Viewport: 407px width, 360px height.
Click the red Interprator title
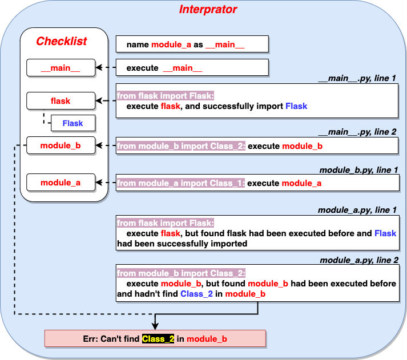[x=208, y=10]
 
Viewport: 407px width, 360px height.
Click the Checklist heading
[x=62, y=41]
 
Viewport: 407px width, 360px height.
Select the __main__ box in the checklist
[x=61, y=68]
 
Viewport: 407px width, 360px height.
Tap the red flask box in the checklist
[x=61, y=100]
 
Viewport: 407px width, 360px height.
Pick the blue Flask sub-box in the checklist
[x=73, y=123]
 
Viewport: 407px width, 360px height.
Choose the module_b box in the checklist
[x=61, y=145]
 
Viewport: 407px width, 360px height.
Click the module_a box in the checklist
[x=61, y=183]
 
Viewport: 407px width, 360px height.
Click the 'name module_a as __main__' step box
[x=192, y=44]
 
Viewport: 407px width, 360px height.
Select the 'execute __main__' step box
[x=192, y=67]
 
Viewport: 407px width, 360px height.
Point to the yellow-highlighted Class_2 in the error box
[x=158, y=339]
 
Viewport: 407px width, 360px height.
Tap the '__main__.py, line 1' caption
[x=357, y=78]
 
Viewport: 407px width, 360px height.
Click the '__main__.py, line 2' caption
[x=357, y=132]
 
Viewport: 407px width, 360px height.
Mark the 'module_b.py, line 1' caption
[x=358, y=170]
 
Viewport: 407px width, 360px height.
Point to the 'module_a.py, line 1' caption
[x=357, y=210]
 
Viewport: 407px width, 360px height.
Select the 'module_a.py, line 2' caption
[x=359, y=260]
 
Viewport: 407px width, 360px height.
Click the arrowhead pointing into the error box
[x=155, y=326]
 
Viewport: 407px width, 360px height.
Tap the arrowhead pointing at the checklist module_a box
[x=99, y=183]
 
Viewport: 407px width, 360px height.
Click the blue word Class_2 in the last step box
[x=196, y=294]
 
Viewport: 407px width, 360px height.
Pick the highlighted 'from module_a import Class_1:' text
[x=181, y=183]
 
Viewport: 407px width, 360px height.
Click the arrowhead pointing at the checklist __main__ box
[x=99, y=67]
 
